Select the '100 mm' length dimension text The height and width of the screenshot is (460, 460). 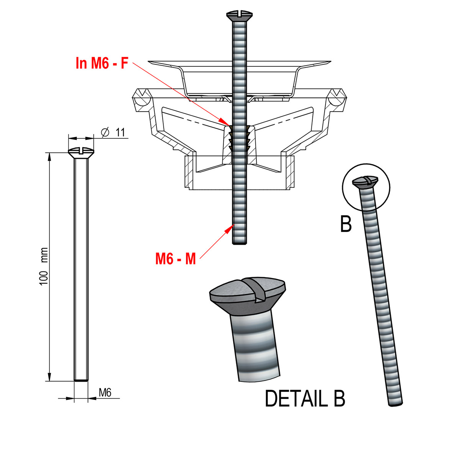44,266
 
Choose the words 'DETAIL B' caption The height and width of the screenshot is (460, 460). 305,399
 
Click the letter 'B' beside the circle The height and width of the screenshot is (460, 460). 346,225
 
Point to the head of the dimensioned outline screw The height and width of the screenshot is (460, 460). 81,152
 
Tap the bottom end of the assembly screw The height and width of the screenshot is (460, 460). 240,242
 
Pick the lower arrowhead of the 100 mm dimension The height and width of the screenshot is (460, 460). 49,378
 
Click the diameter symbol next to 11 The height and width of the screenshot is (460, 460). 105,132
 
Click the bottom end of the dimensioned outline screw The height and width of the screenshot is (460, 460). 81,380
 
